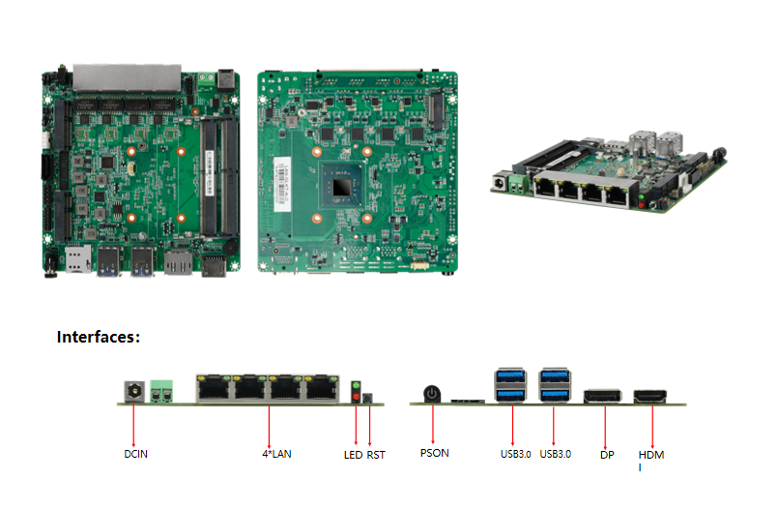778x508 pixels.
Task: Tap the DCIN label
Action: point(136,453)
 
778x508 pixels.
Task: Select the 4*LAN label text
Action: point(276,453)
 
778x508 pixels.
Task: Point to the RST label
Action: point(376,453)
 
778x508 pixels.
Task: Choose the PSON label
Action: point(435,453)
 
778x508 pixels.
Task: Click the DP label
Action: point(607,453)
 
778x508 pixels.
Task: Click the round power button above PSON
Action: point(432,394)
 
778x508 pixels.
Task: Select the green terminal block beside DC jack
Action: point(163,391)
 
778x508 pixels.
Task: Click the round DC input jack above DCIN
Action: point(134,391)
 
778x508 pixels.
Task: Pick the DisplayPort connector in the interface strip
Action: point(602,396)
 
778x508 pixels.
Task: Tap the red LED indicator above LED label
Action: point(356,397)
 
